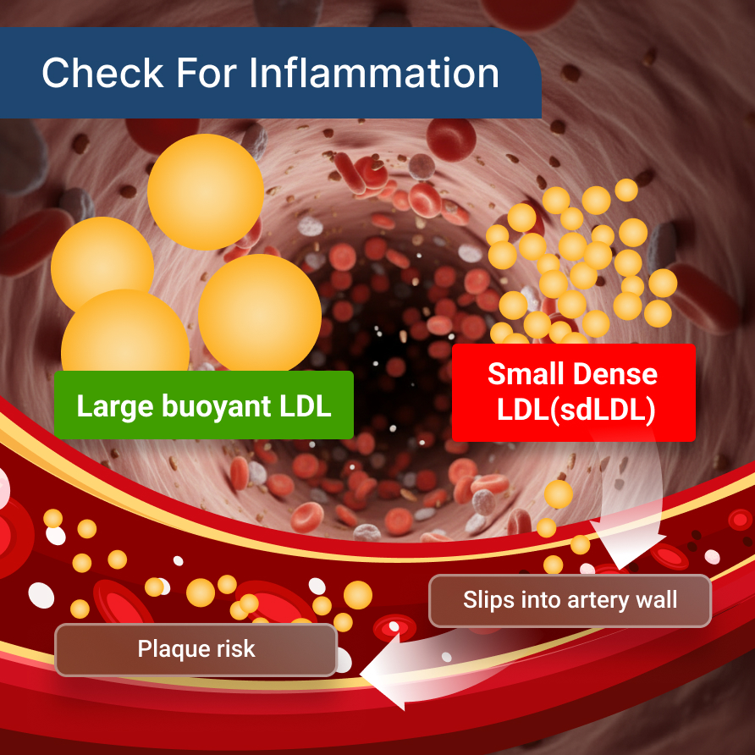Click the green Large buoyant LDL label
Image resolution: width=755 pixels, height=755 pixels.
point(203,405)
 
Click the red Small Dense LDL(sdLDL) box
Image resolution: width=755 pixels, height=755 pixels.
point(573,392)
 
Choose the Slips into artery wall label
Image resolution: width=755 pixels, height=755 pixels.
point(570,601)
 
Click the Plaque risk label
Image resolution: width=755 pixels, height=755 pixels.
point(196,650)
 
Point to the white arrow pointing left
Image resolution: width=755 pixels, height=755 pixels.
point(398,673)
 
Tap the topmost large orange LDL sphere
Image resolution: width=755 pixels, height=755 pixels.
point(205,191)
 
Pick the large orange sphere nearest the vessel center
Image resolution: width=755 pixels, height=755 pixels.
point(259,313)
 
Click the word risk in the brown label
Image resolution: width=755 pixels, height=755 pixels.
point(233,650)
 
